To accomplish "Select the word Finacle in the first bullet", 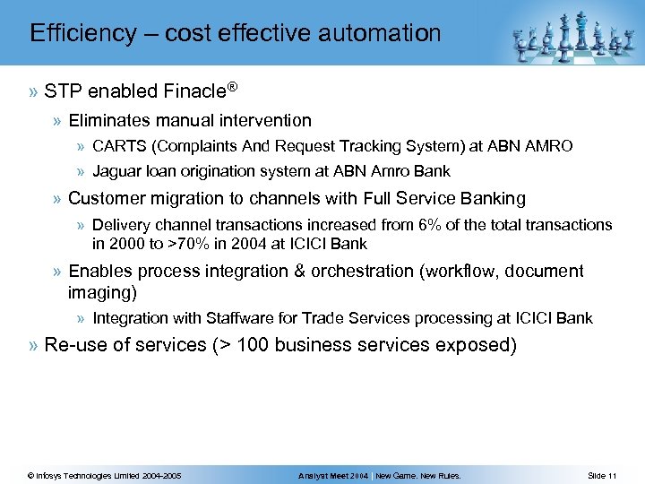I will [x=195, y=91].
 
